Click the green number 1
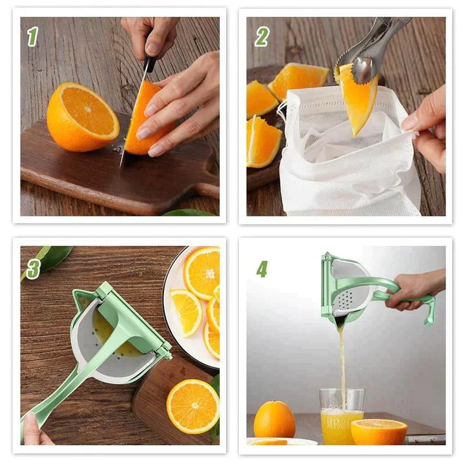tap(32, 37)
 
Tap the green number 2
tap(261, 37)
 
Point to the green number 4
tap(262, 268)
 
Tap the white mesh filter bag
tap(349, 168)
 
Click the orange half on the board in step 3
tap(192, 406)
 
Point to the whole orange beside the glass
tap(274, 420)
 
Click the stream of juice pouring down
tap(342, 362)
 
